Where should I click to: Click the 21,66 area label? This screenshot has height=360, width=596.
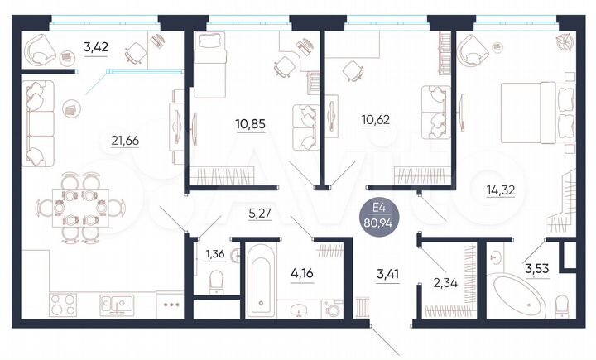124,140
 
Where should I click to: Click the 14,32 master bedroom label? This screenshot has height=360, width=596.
500,189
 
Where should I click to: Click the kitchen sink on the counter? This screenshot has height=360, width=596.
114,304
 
